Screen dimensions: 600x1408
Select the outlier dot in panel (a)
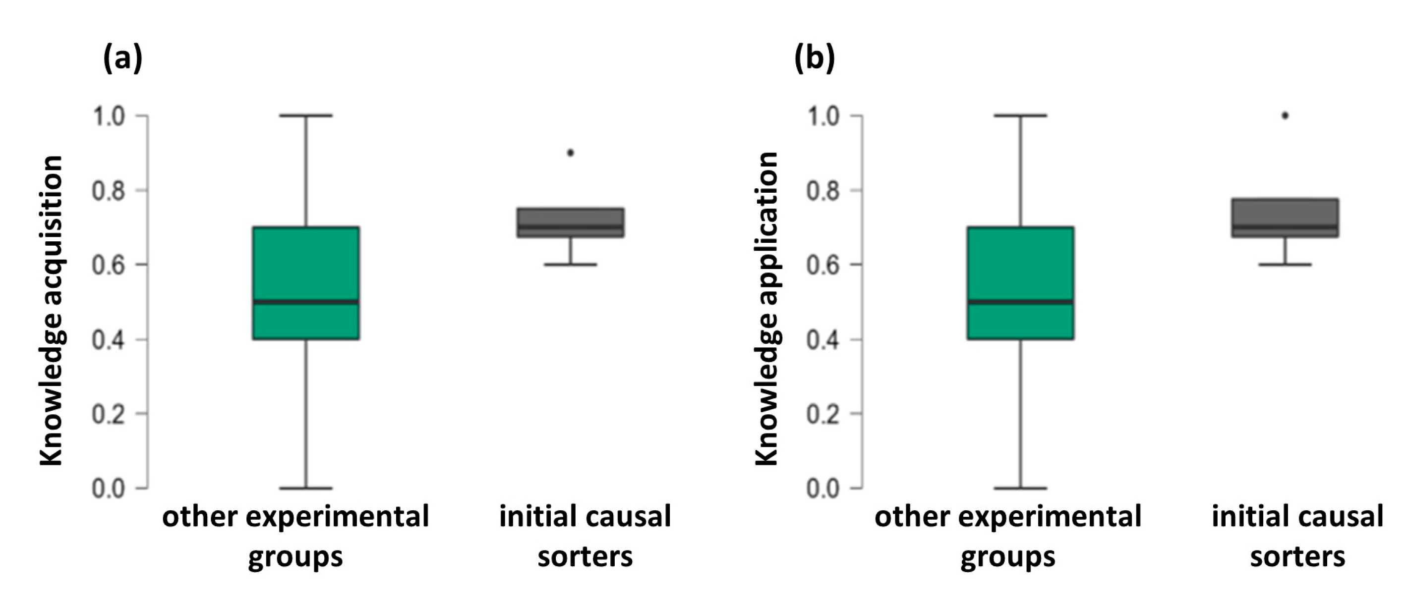(x=570, y=153)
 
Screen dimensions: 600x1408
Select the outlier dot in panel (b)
(x=1285, y=116)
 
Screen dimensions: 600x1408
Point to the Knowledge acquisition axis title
(x=52, y=310)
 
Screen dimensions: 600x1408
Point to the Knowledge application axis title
(x=767, y=309)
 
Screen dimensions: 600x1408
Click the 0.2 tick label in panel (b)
(x=823, y=414)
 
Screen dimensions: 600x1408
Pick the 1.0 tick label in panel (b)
(x=823, y=116)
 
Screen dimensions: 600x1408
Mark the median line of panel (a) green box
(x=305, y=302)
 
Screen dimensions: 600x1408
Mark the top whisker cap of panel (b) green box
(x=1020, y=116)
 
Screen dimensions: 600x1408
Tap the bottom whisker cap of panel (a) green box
(x=305, y=488)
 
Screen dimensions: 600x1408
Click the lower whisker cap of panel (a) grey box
(x=570, y=265)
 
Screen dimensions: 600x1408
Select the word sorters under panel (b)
(x=1297, y=557)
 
